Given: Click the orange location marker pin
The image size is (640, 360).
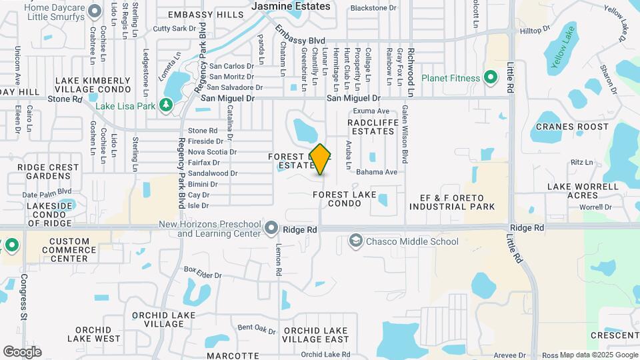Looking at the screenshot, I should point(321,159).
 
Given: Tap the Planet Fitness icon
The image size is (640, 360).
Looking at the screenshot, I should point(491,78).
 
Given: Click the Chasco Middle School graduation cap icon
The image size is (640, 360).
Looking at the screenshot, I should point(356,241).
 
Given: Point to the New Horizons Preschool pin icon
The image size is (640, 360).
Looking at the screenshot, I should point(271,229).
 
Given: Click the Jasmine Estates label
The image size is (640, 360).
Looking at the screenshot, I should point(291,6).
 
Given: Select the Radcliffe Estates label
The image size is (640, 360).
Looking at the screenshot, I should point(372,127).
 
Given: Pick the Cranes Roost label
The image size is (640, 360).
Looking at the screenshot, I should point(573,127).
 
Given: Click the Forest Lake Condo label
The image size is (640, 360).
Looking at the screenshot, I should point(345,199).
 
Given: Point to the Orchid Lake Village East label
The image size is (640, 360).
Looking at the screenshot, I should point(316,335).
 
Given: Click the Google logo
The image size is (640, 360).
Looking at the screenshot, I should point(22,351).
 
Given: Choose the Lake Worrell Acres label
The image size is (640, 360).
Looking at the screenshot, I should point(573,191).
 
